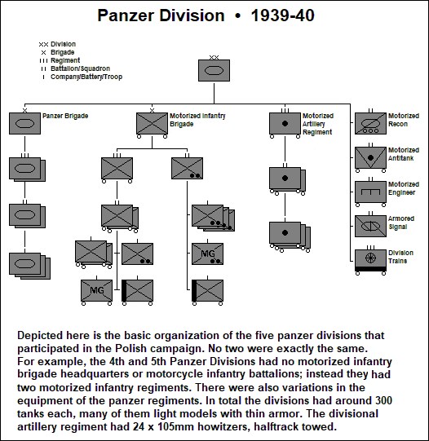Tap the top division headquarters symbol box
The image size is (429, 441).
click(x=214, y=70)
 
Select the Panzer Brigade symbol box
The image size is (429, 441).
click(x=24, y=123)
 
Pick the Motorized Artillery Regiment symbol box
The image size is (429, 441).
click(x=285, y=123)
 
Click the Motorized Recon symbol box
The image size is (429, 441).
click(x=369, y=123)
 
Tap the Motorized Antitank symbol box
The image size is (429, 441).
click(x=369, y=157)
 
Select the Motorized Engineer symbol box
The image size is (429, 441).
click(x=369, y=190)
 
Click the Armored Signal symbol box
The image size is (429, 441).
click(x=369, y=224)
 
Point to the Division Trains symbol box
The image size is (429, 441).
click(x=369, y=258)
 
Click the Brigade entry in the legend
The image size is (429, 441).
click(x=63, y=51)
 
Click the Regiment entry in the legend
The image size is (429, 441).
click(x=64, y=60)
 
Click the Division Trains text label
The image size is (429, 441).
click(x=400, y=258)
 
